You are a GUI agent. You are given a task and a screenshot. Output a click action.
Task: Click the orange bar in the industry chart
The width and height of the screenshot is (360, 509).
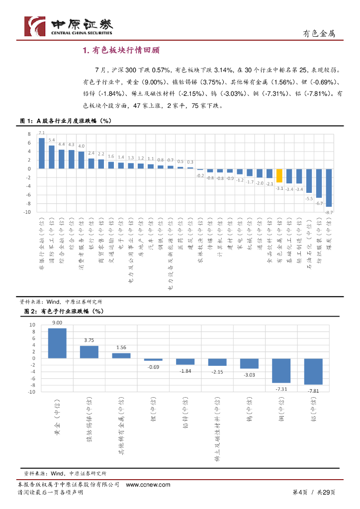coord(279,175)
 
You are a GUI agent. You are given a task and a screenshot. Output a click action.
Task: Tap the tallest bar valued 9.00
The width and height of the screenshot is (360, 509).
coord(57,343)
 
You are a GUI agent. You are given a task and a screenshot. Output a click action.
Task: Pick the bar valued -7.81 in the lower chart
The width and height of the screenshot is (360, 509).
coord(313,371)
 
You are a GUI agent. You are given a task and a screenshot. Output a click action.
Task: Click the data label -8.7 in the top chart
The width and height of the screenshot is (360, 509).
coord(329,212)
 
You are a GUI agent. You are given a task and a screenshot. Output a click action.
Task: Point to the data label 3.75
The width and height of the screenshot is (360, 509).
coord(89,340)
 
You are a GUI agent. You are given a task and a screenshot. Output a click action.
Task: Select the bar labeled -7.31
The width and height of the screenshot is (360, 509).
coord(281,370)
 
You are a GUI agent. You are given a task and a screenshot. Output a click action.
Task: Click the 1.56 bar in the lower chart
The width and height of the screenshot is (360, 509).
coord(121,355)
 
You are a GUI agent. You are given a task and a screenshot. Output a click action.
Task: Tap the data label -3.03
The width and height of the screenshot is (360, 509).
coord(249,375)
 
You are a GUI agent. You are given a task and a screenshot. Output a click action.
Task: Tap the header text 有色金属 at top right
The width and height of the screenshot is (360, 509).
coord(319,33)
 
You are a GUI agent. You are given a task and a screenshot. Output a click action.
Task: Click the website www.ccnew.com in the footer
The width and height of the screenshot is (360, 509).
coord(149,485)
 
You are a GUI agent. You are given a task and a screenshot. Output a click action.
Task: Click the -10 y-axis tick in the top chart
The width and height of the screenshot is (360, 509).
coord(28,212)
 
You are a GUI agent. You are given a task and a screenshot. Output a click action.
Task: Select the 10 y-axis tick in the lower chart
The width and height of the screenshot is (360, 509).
coord(32,325)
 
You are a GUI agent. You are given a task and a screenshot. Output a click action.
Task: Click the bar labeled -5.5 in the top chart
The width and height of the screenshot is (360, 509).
coord(309,180)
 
